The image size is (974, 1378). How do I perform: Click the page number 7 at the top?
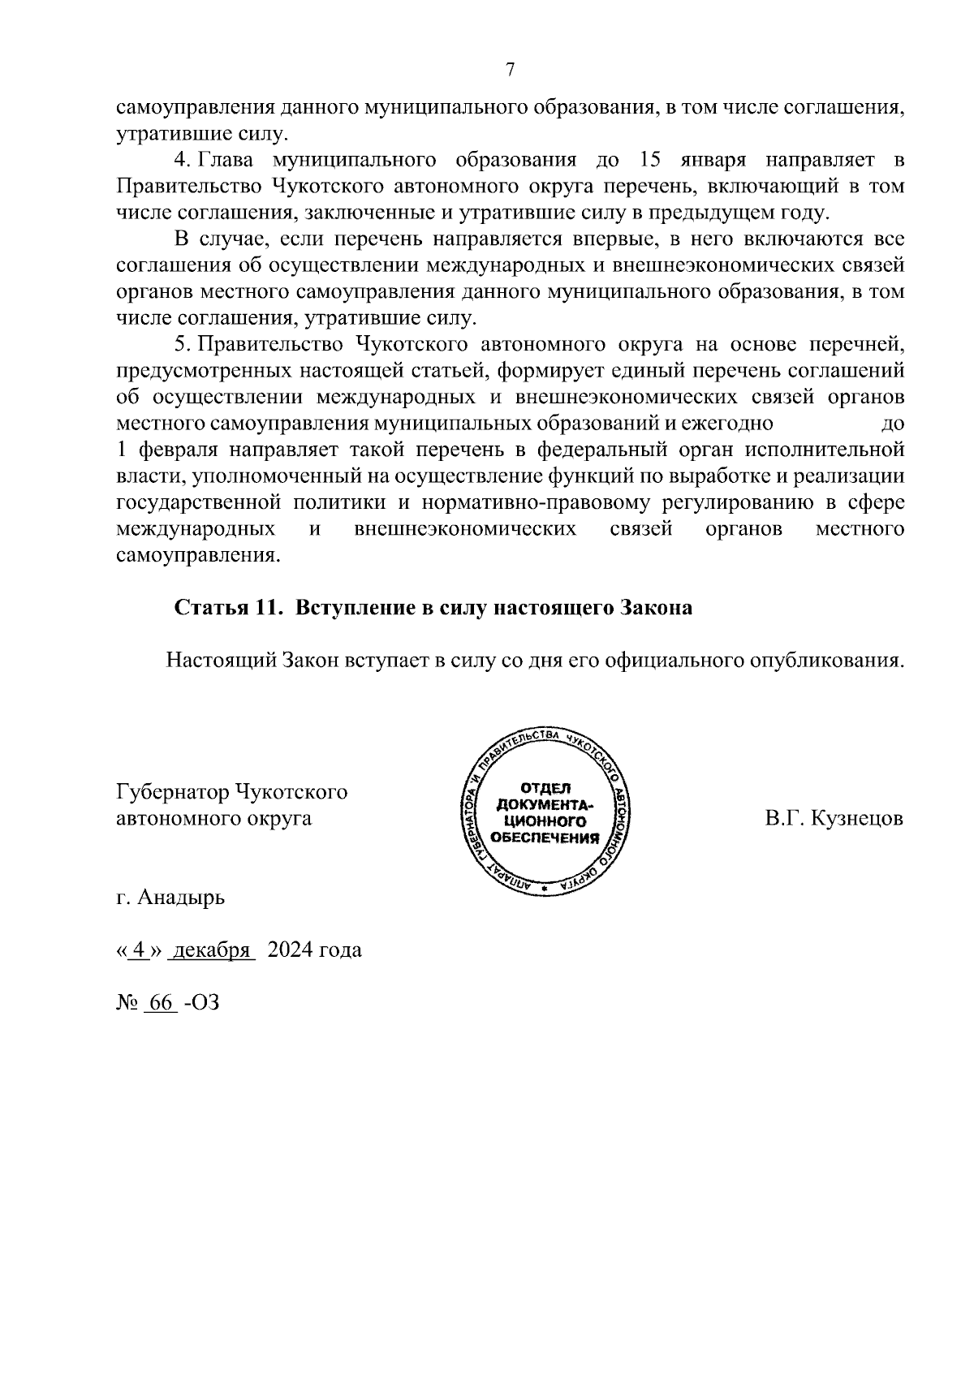pyautogui.click(x=510, y=70)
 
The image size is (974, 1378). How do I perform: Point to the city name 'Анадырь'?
pyautogui.click(x=182, y=898)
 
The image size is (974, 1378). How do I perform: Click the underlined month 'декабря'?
pyautogui.click(x=212, y=950)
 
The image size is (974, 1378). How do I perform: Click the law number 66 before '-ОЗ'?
pyautogui.click(x=161, y=1003)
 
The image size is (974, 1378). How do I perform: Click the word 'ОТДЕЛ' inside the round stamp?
pyautogui.click(x=545, y=788)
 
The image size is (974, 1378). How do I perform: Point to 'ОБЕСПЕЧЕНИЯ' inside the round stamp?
pyautogui.click(x=545, y=838)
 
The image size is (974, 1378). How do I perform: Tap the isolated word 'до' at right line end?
pyautogui.click(x=893, y=424)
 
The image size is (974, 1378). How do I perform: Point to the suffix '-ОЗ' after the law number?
pyautogui.click(x=202, y=1003)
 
